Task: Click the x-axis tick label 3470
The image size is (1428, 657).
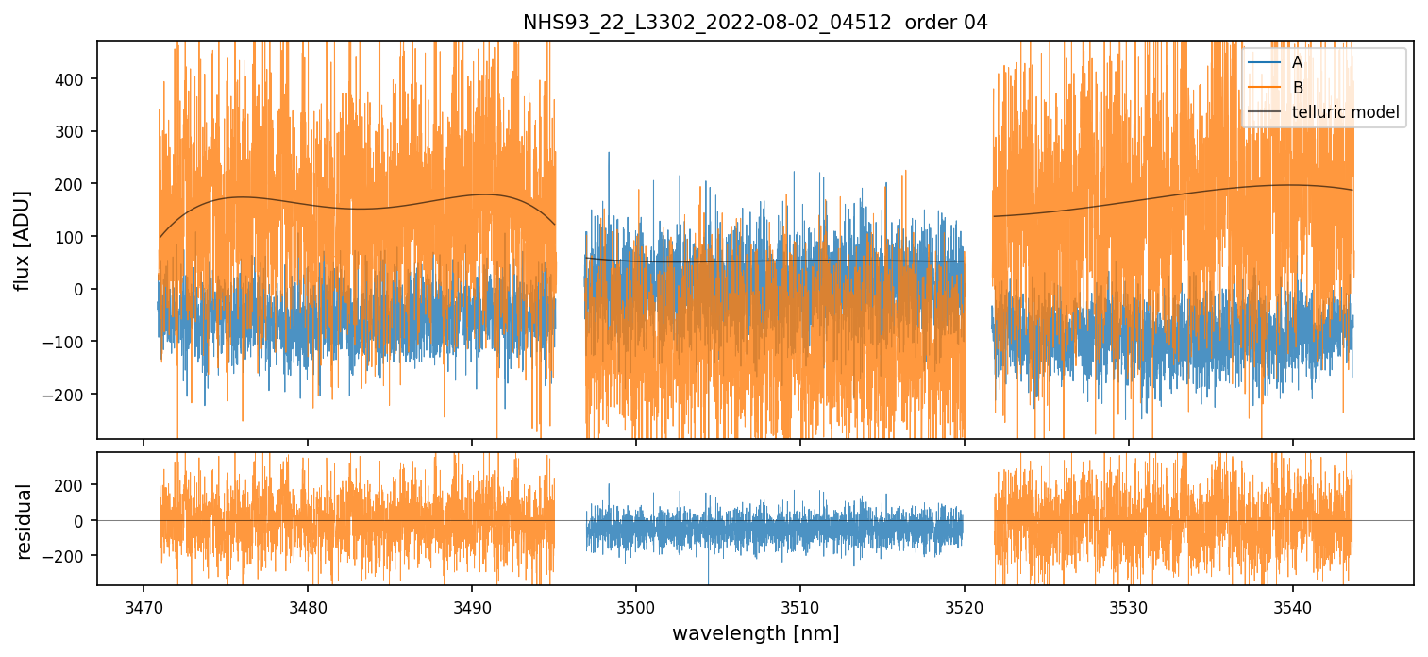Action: click(143, 605)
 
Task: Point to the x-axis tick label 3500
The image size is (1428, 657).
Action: click(635, 605)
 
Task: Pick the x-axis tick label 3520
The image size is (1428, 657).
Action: click(965, 605)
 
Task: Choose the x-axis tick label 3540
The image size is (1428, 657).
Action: click(1293, 605)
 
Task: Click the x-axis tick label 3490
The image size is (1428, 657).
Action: click(471, 605)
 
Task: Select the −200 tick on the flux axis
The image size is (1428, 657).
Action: click(66, 394)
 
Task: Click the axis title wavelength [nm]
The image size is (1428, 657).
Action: click(755, 632)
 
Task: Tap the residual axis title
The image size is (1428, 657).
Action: click(24, 520)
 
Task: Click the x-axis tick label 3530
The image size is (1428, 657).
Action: click(1129, 605)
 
